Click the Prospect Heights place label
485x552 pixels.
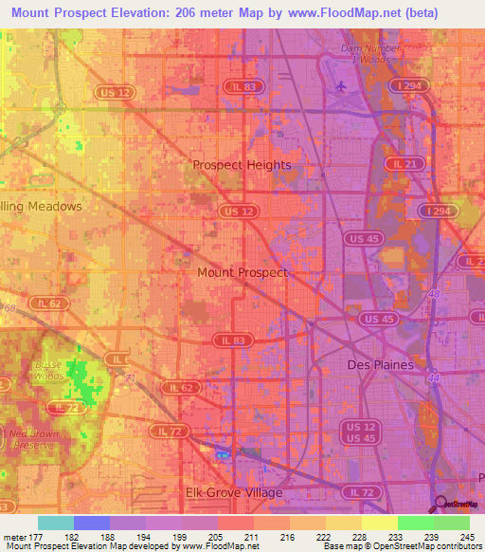[242, 164]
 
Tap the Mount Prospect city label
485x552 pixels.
[242, 272]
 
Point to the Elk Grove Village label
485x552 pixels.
[233, 492]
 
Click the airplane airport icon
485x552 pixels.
[340, 87]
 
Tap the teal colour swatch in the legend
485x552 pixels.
[56, 523]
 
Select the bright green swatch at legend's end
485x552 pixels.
[452, 523]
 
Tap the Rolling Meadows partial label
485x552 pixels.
[41, 206]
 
